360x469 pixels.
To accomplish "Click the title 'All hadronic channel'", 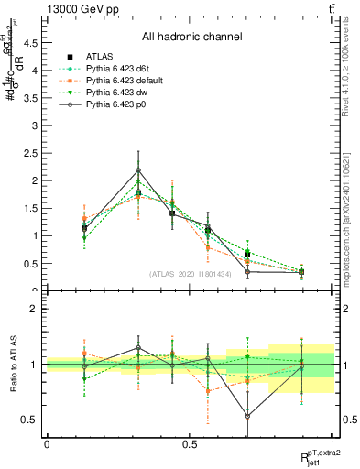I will pyautogui.click(x=191, y=38).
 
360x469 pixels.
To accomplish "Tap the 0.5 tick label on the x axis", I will pyautogui.click(x=190, y=442).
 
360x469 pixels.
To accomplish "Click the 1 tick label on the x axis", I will pyautogui.click(x=333, y=442).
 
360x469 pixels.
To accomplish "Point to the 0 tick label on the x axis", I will pyautogui.click(x=47, y=442).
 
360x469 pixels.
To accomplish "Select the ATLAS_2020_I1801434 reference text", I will pyautogui.click(x=190, y=274).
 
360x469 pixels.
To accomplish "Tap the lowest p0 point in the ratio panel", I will pyautogui.click(x=247, y=416).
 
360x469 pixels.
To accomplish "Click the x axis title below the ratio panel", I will pyautogui.click(x=311, y=455).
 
